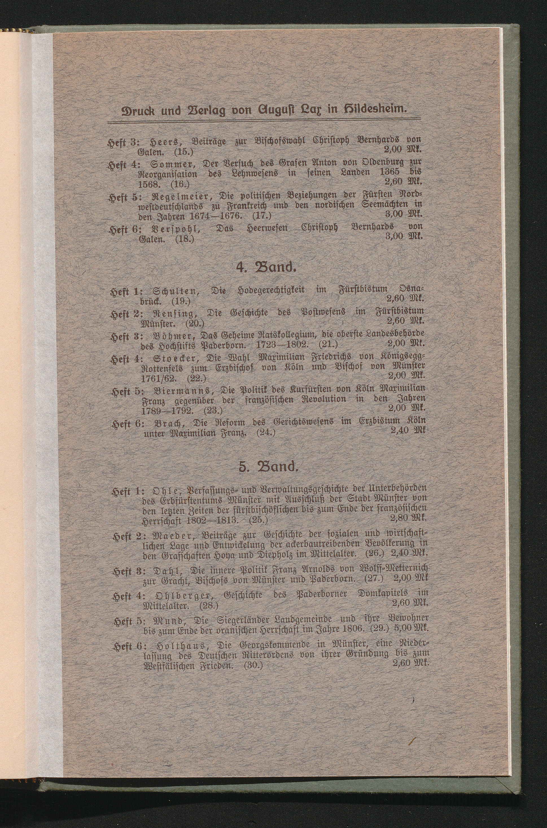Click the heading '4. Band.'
[266, 268]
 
